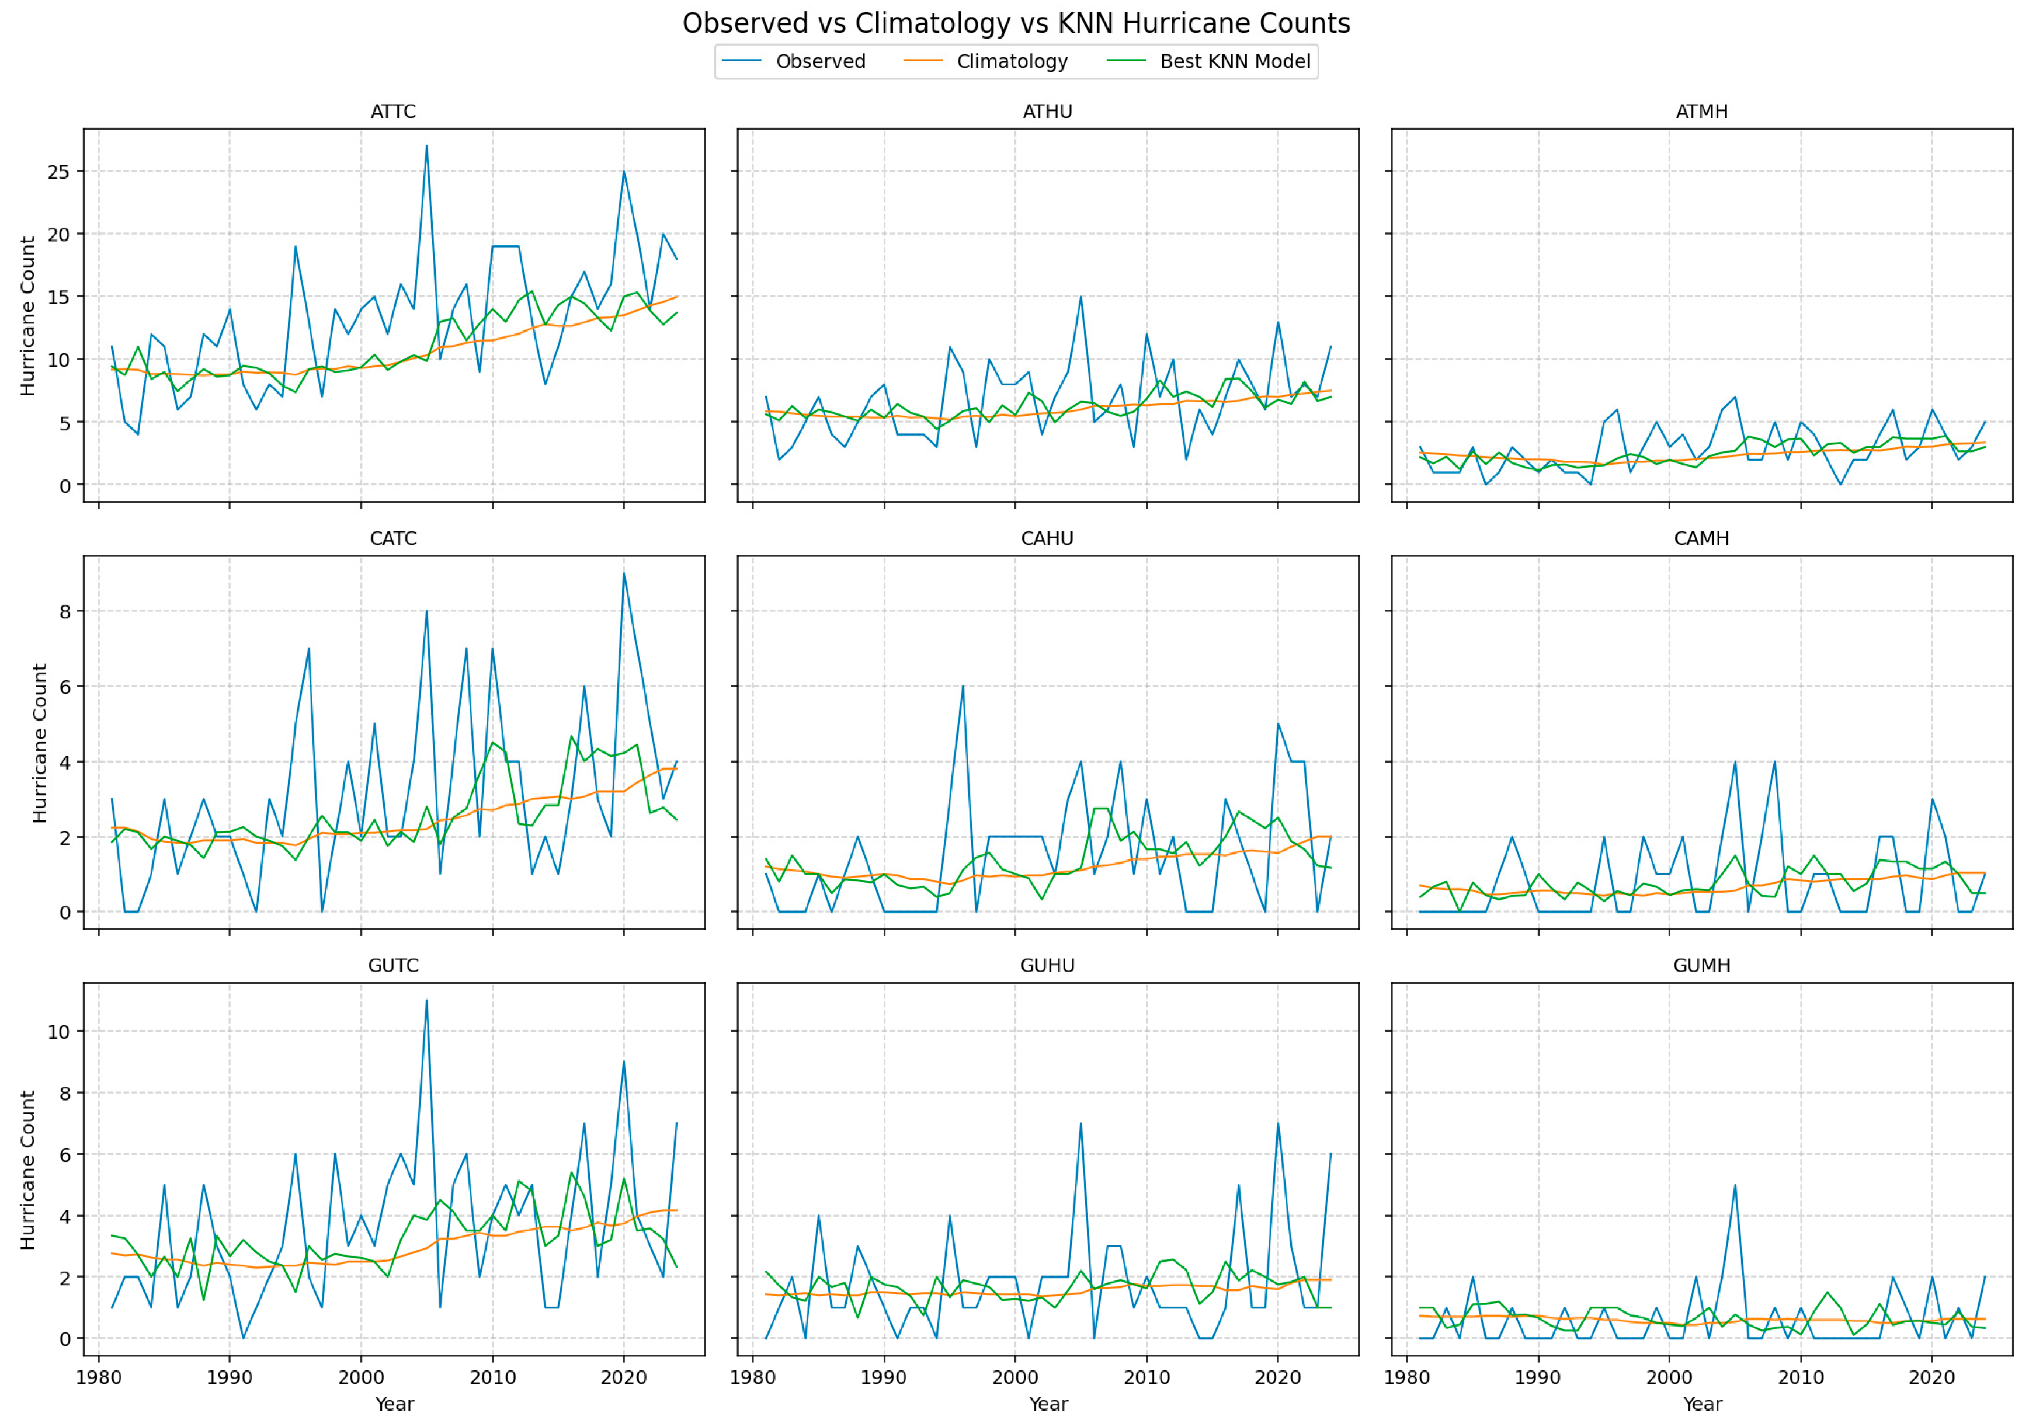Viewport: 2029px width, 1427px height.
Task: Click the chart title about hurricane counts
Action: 1016,24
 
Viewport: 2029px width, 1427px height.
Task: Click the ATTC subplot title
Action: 393,112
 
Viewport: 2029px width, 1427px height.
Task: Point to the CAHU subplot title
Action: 1047,539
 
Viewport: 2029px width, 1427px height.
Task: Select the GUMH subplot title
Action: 1701,966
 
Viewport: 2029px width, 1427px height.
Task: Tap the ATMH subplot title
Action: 1701,112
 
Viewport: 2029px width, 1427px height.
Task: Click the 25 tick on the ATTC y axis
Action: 58,172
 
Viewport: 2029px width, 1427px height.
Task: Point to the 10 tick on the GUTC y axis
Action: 58,1031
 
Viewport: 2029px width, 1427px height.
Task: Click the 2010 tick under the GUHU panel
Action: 1146,1377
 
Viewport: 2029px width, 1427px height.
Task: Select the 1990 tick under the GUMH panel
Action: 1538,1377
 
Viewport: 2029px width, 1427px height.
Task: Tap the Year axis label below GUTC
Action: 394,1404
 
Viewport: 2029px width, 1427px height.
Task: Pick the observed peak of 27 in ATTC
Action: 427,147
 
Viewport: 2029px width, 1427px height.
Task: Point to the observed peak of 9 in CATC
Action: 624,573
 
